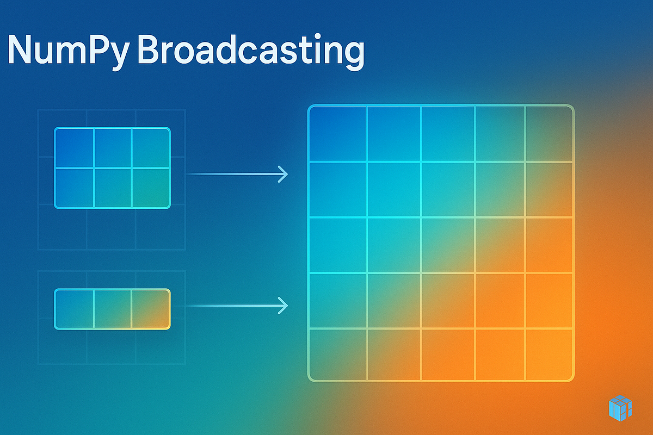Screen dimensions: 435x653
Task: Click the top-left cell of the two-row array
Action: [75, 148]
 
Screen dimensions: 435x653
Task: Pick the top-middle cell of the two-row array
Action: [113, 148]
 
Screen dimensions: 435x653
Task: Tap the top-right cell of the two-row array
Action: [151, 148]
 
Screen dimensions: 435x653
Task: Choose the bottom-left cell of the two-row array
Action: [75, 188]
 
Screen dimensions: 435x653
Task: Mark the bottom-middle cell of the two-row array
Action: [113, 188]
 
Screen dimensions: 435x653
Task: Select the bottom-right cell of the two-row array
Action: [151, 188]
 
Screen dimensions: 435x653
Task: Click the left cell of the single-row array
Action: [75, 308]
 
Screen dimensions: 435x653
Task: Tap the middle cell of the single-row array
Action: [113, 308]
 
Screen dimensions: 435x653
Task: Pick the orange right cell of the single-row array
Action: [151, 308]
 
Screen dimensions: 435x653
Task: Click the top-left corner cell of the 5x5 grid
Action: [338, 134]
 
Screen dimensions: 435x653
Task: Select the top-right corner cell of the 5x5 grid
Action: [549, 134]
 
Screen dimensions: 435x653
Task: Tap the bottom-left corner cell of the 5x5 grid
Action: [338, 354]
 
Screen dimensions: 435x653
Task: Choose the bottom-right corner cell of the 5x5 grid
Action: [549, 354]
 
